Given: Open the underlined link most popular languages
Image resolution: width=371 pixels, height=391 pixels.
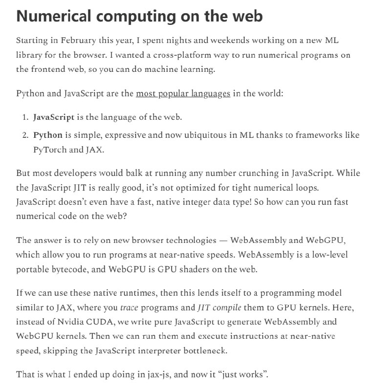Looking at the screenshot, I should (183, 93).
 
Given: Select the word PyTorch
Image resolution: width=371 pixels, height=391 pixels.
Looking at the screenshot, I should (49, 150).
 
